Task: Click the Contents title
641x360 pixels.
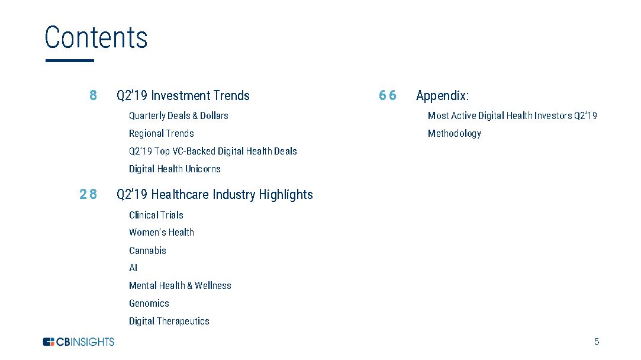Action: tap(96, 37)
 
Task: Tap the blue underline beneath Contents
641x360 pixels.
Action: tap(70, 60)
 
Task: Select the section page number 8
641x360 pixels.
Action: tap(93, 95)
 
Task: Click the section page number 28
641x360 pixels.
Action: tap(88, 194)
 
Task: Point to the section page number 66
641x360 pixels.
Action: tap(388, 95)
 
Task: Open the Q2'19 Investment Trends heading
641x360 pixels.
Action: tap(183, 96)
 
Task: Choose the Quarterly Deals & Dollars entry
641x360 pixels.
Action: tap(179, 116)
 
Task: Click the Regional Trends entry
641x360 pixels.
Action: tap(162, 133)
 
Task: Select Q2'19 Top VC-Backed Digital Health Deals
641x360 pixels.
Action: tap(213, 152)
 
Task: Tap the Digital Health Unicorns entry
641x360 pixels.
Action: tap(175, 169)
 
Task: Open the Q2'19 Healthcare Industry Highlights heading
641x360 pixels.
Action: tap(215, 195)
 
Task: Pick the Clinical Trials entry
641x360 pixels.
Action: tap(156, 215)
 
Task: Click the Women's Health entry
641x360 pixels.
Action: tap(162, 232)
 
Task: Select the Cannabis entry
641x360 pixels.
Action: tap(147, 250)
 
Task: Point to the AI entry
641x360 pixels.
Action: tap(133, 268)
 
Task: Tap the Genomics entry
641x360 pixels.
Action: tap(149, 304)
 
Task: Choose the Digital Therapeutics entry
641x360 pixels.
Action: tap(169, 321)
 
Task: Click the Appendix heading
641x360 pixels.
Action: tap(442, 96)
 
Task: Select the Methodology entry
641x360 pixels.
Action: tap(455, 134)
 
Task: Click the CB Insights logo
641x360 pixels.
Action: tap(79, 342)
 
